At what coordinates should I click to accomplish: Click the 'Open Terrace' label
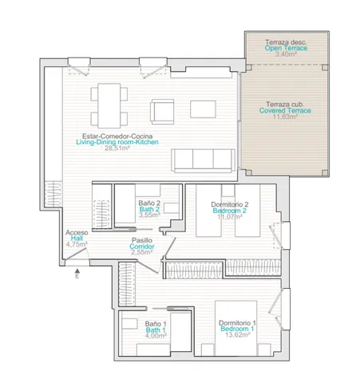[x=286, y=48]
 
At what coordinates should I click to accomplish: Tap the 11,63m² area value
[x=285, y=116]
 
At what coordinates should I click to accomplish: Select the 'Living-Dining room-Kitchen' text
[x=117, y=142]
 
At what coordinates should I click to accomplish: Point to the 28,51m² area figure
[x=117, y=148]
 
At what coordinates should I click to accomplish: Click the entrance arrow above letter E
[x=77, y=270]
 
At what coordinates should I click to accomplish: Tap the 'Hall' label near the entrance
[x=77, y=239]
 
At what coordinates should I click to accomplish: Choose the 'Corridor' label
[x=142, y=247]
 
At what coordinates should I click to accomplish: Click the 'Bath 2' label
[x=149, y=209]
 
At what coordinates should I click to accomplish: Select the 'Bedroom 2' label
[x=230, y=211]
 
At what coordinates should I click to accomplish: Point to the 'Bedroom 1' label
[x=237, y=329]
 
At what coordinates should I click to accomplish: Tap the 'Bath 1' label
[x=156, y=330]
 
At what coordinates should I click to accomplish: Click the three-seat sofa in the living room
[x=204, y=160]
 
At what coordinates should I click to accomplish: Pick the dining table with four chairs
[x=109, y=105]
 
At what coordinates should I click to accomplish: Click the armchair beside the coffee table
[x=162, y=112]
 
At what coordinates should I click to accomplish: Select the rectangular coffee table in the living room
[x=203, y=109]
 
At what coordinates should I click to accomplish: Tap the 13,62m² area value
[x=238, y=335]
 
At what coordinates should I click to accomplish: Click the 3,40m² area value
[x=286, y=54]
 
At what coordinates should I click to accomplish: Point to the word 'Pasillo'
[x=142, y=240]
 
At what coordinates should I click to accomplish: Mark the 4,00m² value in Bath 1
[x=156, y=336]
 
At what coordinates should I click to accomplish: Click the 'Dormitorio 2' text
[x=230, y=204]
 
